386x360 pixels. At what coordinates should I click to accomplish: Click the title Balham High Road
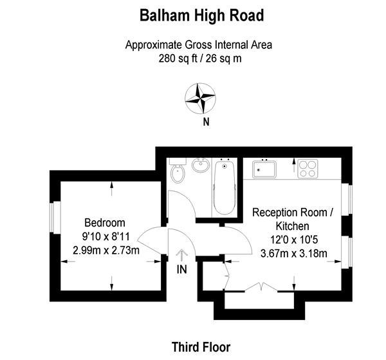click(x=201, y=15)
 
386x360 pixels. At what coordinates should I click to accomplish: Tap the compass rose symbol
click(x=200, y=99)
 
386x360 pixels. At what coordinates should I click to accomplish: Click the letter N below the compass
click(x=206, y=122)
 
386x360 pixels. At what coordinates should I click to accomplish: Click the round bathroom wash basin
click(x=201, y=165)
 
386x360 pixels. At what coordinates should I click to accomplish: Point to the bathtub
click(x=225, y=187)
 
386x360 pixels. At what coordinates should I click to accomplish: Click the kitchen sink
click(x=264, y=169)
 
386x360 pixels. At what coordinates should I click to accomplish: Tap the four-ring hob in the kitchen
click(x=308, y=169)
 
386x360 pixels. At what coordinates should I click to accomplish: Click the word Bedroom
click(x=105, y=223)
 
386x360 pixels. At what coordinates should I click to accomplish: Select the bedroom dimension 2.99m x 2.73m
click(x=106, y=251)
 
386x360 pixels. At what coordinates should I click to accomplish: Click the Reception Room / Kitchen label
click(x=293, y=220)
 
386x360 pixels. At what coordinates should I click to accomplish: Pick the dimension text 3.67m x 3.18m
click(x=294, y=253)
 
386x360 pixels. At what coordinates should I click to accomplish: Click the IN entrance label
click(x=182, y=269)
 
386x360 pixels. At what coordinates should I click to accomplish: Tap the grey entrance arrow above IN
click(x=182, y=255)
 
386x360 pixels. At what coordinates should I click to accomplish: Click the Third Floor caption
click(x=201, y=347)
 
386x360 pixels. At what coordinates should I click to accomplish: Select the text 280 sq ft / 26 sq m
click(x=200, y=59)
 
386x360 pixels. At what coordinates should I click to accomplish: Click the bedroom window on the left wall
click(x=55, y=217)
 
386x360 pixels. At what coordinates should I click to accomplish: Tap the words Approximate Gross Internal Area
click(x=199, y=45)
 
